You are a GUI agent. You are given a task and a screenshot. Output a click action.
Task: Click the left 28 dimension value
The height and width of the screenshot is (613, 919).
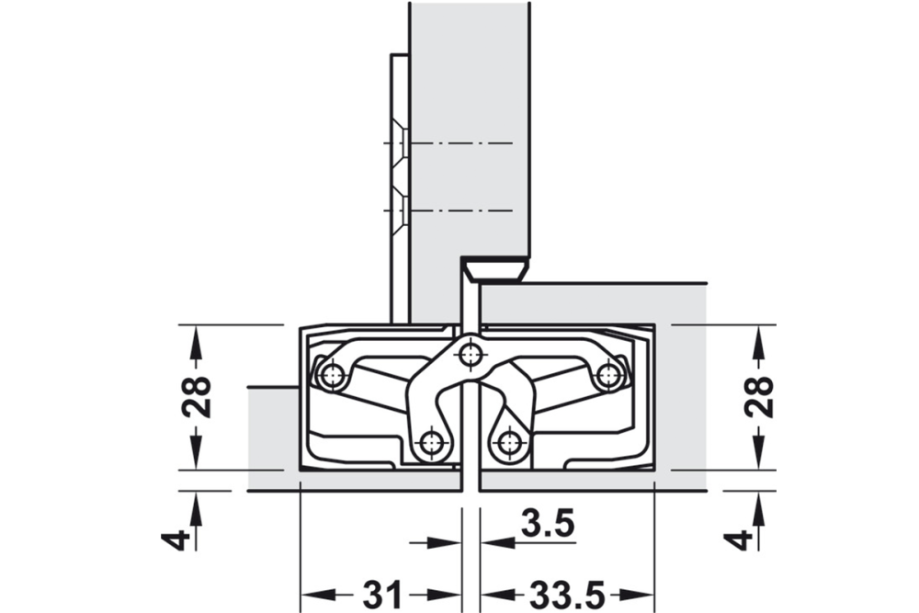coord(197,397)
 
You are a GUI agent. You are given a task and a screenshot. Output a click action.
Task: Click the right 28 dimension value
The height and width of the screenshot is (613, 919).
coord(759,397)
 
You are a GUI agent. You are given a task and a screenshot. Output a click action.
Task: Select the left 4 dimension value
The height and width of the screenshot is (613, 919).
coord(180,539)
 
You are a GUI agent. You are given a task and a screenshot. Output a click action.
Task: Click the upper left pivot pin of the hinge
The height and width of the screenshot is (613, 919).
coord(332,374)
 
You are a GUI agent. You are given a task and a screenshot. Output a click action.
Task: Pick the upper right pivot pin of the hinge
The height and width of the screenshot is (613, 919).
coord(608,374)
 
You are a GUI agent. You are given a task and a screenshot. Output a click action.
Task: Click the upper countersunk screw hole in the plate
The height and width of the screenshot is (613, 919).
coord(402,144)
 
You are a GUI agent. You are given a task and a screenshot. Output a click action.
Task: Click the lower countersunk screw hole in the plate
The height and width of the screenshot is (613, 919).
coord(402,211)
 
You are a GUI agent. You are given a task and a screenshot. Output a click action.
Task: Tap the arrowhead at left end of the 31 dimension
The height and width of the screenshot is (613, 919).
coord(312,595)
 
